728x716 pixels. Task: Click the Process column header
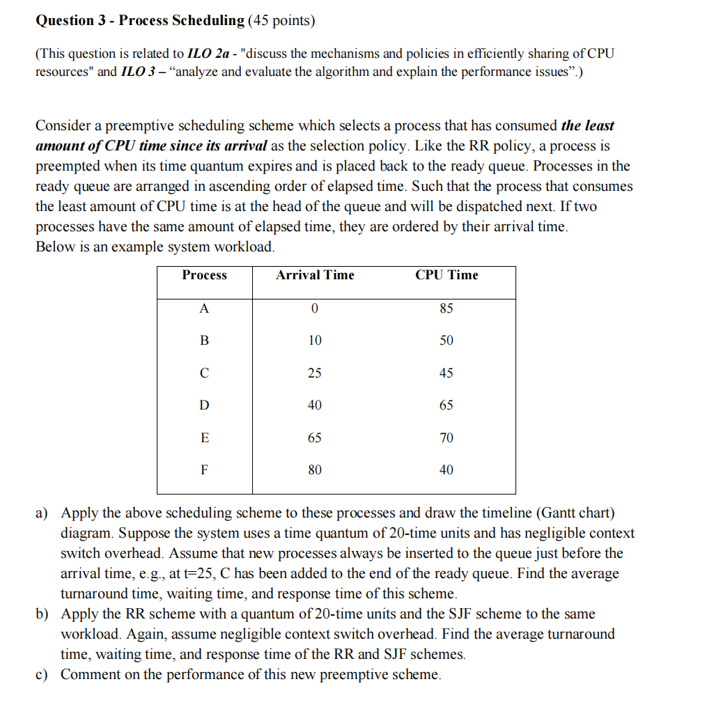204,275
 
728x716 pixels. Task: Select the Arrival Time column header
315,275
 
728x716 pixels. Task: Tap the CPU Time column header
447,275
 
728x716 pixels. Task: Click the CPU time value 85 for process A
447,309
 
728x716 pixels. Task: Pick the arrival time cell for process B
315,341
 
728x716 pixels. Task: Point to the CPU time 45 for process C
447,373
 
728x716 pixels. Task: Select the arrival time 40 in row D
315,405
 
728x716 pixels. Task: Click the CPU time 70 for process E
447,438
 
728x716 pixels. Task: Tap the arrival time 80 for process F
315,470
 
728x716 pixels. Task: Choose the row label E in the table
204,438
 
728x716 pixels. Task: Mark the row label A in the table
204,309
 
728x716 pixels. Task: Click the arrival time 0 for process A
315,309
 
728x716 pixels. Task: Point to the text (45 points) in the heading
281,20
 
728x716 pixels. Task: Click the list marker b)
42,614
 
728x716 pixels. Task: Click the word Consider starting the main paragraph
63,126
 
